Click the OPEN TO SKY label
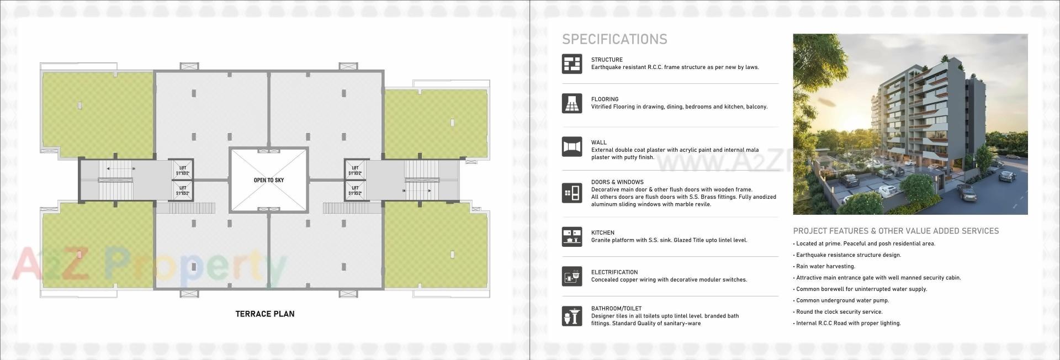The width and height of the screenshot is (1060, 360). [268, 180]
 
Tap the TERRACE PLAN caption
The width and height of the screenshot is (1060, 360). [265, 314]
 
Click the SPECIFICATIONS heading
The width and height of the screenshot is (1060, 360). [614, 39]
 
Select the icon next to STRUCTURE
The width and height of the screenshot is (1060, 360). [572, 64]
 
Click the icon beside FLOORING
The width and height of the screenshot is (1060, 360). [572, 103]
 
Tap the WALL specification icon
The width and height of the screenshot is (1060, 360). [572, 147]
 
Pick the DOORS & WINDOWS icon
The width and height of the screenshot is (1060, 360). [572, 193]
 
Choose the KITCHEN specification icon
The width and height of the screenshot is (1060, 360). [572, 237]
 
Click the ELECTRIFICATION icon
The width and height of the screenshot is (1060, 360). [572, 276]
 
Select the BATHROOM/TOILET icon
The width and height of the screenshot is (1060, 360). [572, 316]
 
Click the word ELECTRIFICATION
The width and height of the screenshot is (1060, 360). [614, 272]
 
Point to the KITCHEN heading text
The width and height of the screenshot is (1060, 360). [602, 232]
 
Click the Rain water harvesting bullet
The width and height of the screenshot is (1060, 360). [825, 266]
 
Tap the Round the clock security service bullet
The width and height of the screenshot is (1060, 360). [839, 312]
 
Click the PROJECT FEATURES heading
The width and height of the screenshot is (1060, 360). [895, 231]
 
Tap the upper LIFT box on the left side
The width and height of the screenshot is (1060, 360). [183, 171]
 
